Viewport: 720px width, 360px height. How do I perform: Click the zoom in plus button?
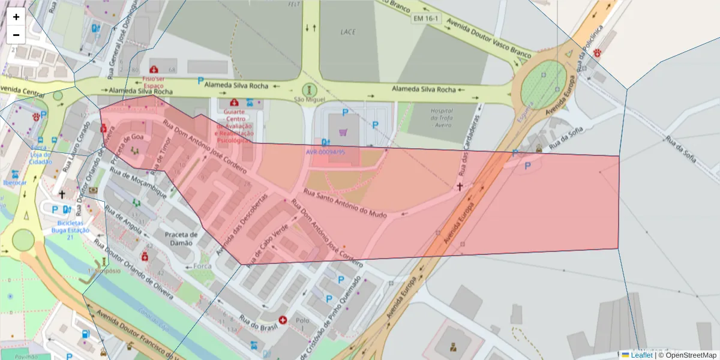pyautogui.click(x=16, y=17)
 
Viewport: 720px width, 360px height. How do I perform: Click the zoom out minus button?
pyautogui.click(x=16, y=35)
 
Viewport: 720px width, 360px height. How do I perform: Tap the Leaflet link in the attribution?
pyautogui.click(x=641, y=355)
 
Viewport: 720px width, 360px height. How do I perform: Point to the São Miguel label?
pyautogui.click(x=309, y=99)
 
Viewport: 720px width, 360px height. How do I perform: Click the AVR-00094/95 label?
pyautogui.click(x=325, y=152)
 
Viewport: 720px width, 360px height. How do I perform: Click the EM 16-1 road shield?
pyautogui.click(x=425, y=19)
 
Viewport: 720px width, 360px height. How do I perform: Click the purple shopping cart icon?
pyautogui.click(x=343, y=132)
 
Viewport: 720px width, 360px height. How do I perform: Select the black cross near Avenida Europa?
pyautogui.click(x=460, y=187)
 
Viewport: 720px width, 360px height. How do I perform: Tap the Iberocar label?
pyautogui.click(x=15, y=182)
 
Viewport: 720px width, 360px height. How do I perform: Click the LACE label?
pyautogui.click(x=348, y=32)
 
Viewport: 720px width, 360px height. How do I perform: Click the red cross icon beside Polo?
pyautogui.click(x=283, y=320)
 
